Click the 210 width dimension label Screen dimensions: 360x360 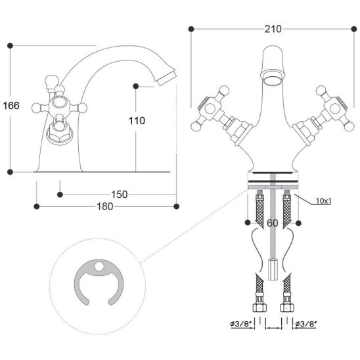(x=273, y=29)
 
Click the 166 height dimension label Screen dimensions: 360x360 (x=11, y=106)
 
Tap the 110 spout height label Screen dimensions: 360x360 (x=137, y=121)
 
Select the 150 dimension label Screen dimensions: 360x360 (x=119, y=194)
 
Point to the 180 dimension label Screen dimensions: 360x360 (x=105, y=206)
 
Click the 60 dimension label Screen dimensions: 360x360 (x=273, y=223)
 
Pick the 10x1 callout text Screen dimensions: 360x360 (x=324, y=201)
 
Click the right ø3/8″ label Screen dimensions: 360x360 (x=306, y=324)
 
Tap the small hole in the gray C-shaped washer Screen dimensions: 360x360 (x=99, y=266)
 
